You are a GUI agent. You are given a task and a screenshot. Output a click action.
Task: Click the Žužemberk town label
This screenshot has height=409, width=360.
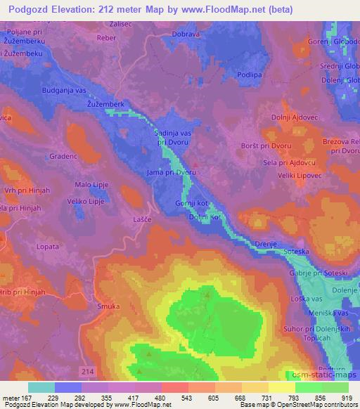[x=105, y=103]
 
